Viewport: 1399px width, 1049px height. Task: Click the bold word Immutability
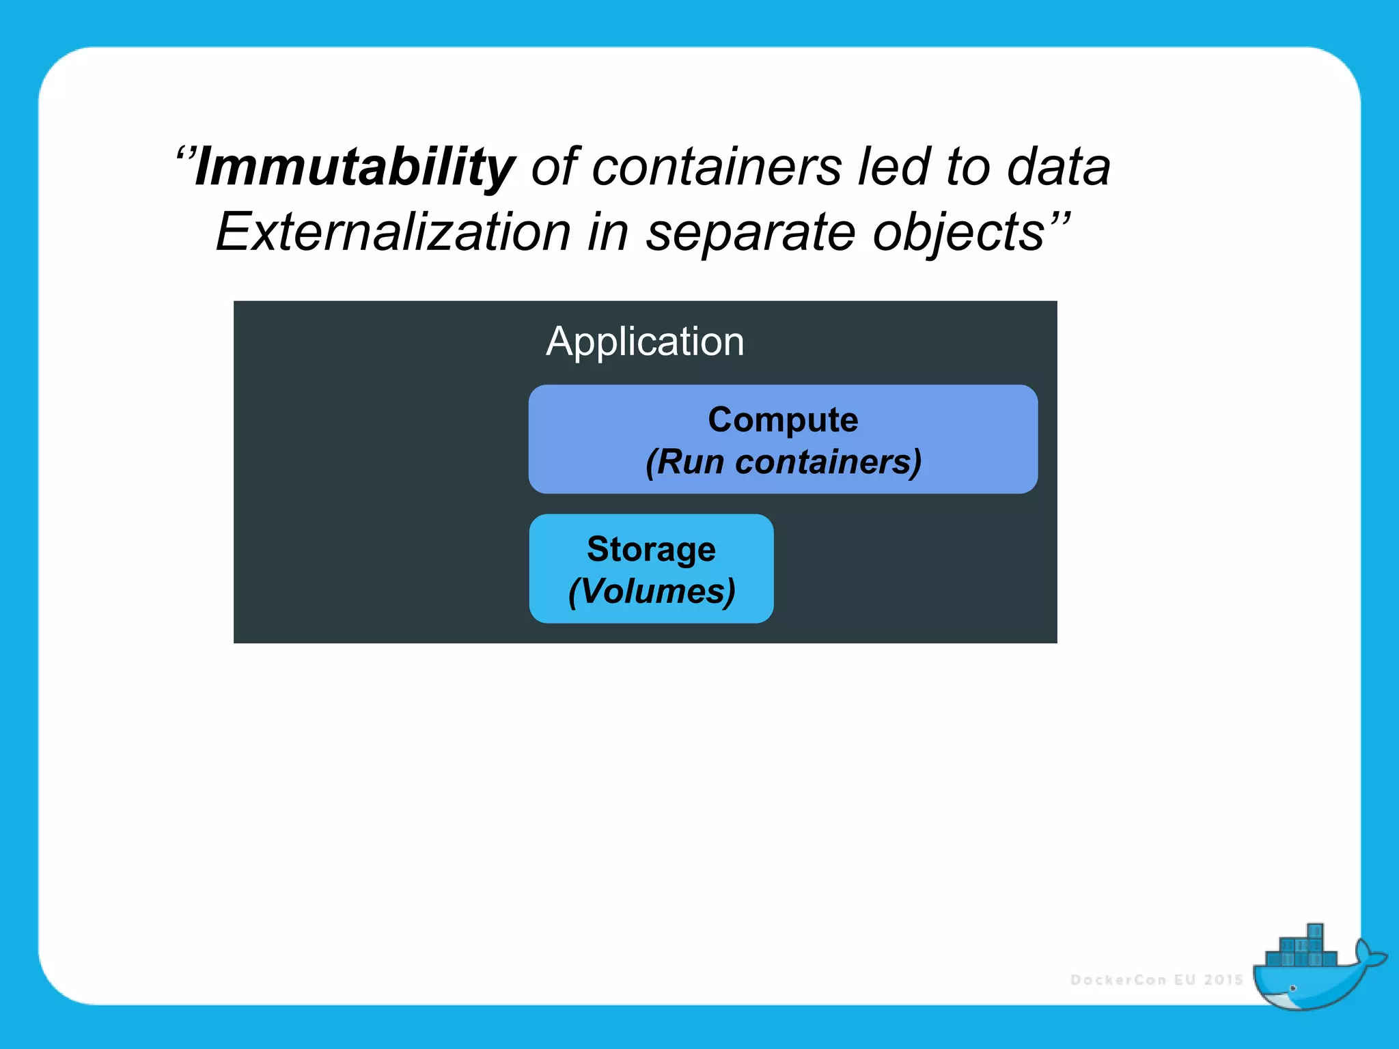tap(355, 167)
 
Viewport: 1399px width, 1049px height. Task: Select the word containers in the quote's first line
tap(717, 167)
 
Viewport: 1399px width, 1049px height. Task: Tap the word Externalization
tap(393, 232)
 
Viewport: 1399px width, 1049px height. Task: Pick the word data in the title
tap(1058, 167)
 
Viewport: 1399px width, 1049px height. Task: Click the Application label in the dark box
tap(645, 341)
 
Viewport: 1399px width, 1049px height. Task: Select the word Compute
tap(783, 419)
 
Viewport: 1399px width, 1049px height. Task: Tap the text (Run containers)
tap(783, 462)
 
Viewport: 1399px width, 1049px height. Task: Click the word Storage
tap(651, 549)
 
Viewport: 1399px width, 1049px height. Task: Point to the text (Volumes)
tap(651, 591)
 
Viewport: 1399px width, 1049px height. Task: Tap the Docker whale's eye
tap(1293, 988)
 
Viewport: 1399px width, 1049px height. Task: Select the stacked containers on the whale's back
tap(1301, 949)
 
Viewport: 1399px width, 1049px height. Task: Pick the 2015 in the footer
tap(1223, 980)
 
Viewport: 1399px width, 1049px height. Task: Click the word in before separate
tap(608, 232)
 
